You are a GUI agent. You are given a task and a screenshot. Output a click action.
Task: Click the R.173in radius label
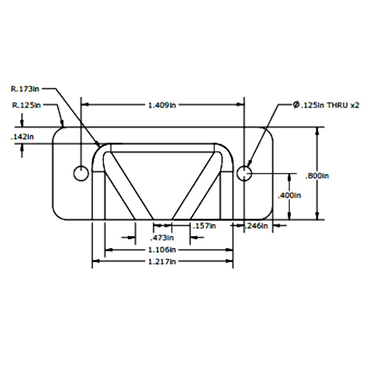pos(25,89)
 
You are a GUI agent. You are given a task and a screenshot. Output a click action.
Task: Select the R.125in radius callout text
pos(26,105)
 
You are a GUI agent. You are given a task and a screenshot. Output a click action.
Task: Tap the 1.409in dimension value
pos(162,105)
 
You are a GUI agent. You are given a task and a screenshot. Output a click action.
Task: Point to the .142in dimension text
pos(22,137)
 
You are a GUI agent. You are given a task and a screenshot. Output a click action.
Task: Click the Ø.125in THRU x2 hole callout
pos(326,105)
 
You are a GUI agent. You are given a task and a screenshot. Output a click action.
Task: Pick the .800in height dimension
pos(317,176)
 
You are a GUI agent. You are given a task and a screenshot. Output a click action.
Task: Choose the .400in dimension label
pos(289,196)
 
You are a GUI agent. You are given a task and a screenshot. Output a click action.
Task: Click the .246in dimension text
pos(256,226)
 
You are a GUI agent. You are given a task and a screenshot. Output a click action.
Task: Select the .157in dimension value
pos(204,226)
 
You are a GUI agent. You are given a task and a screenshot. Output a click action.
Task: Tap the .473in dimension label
pos(162,238)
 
